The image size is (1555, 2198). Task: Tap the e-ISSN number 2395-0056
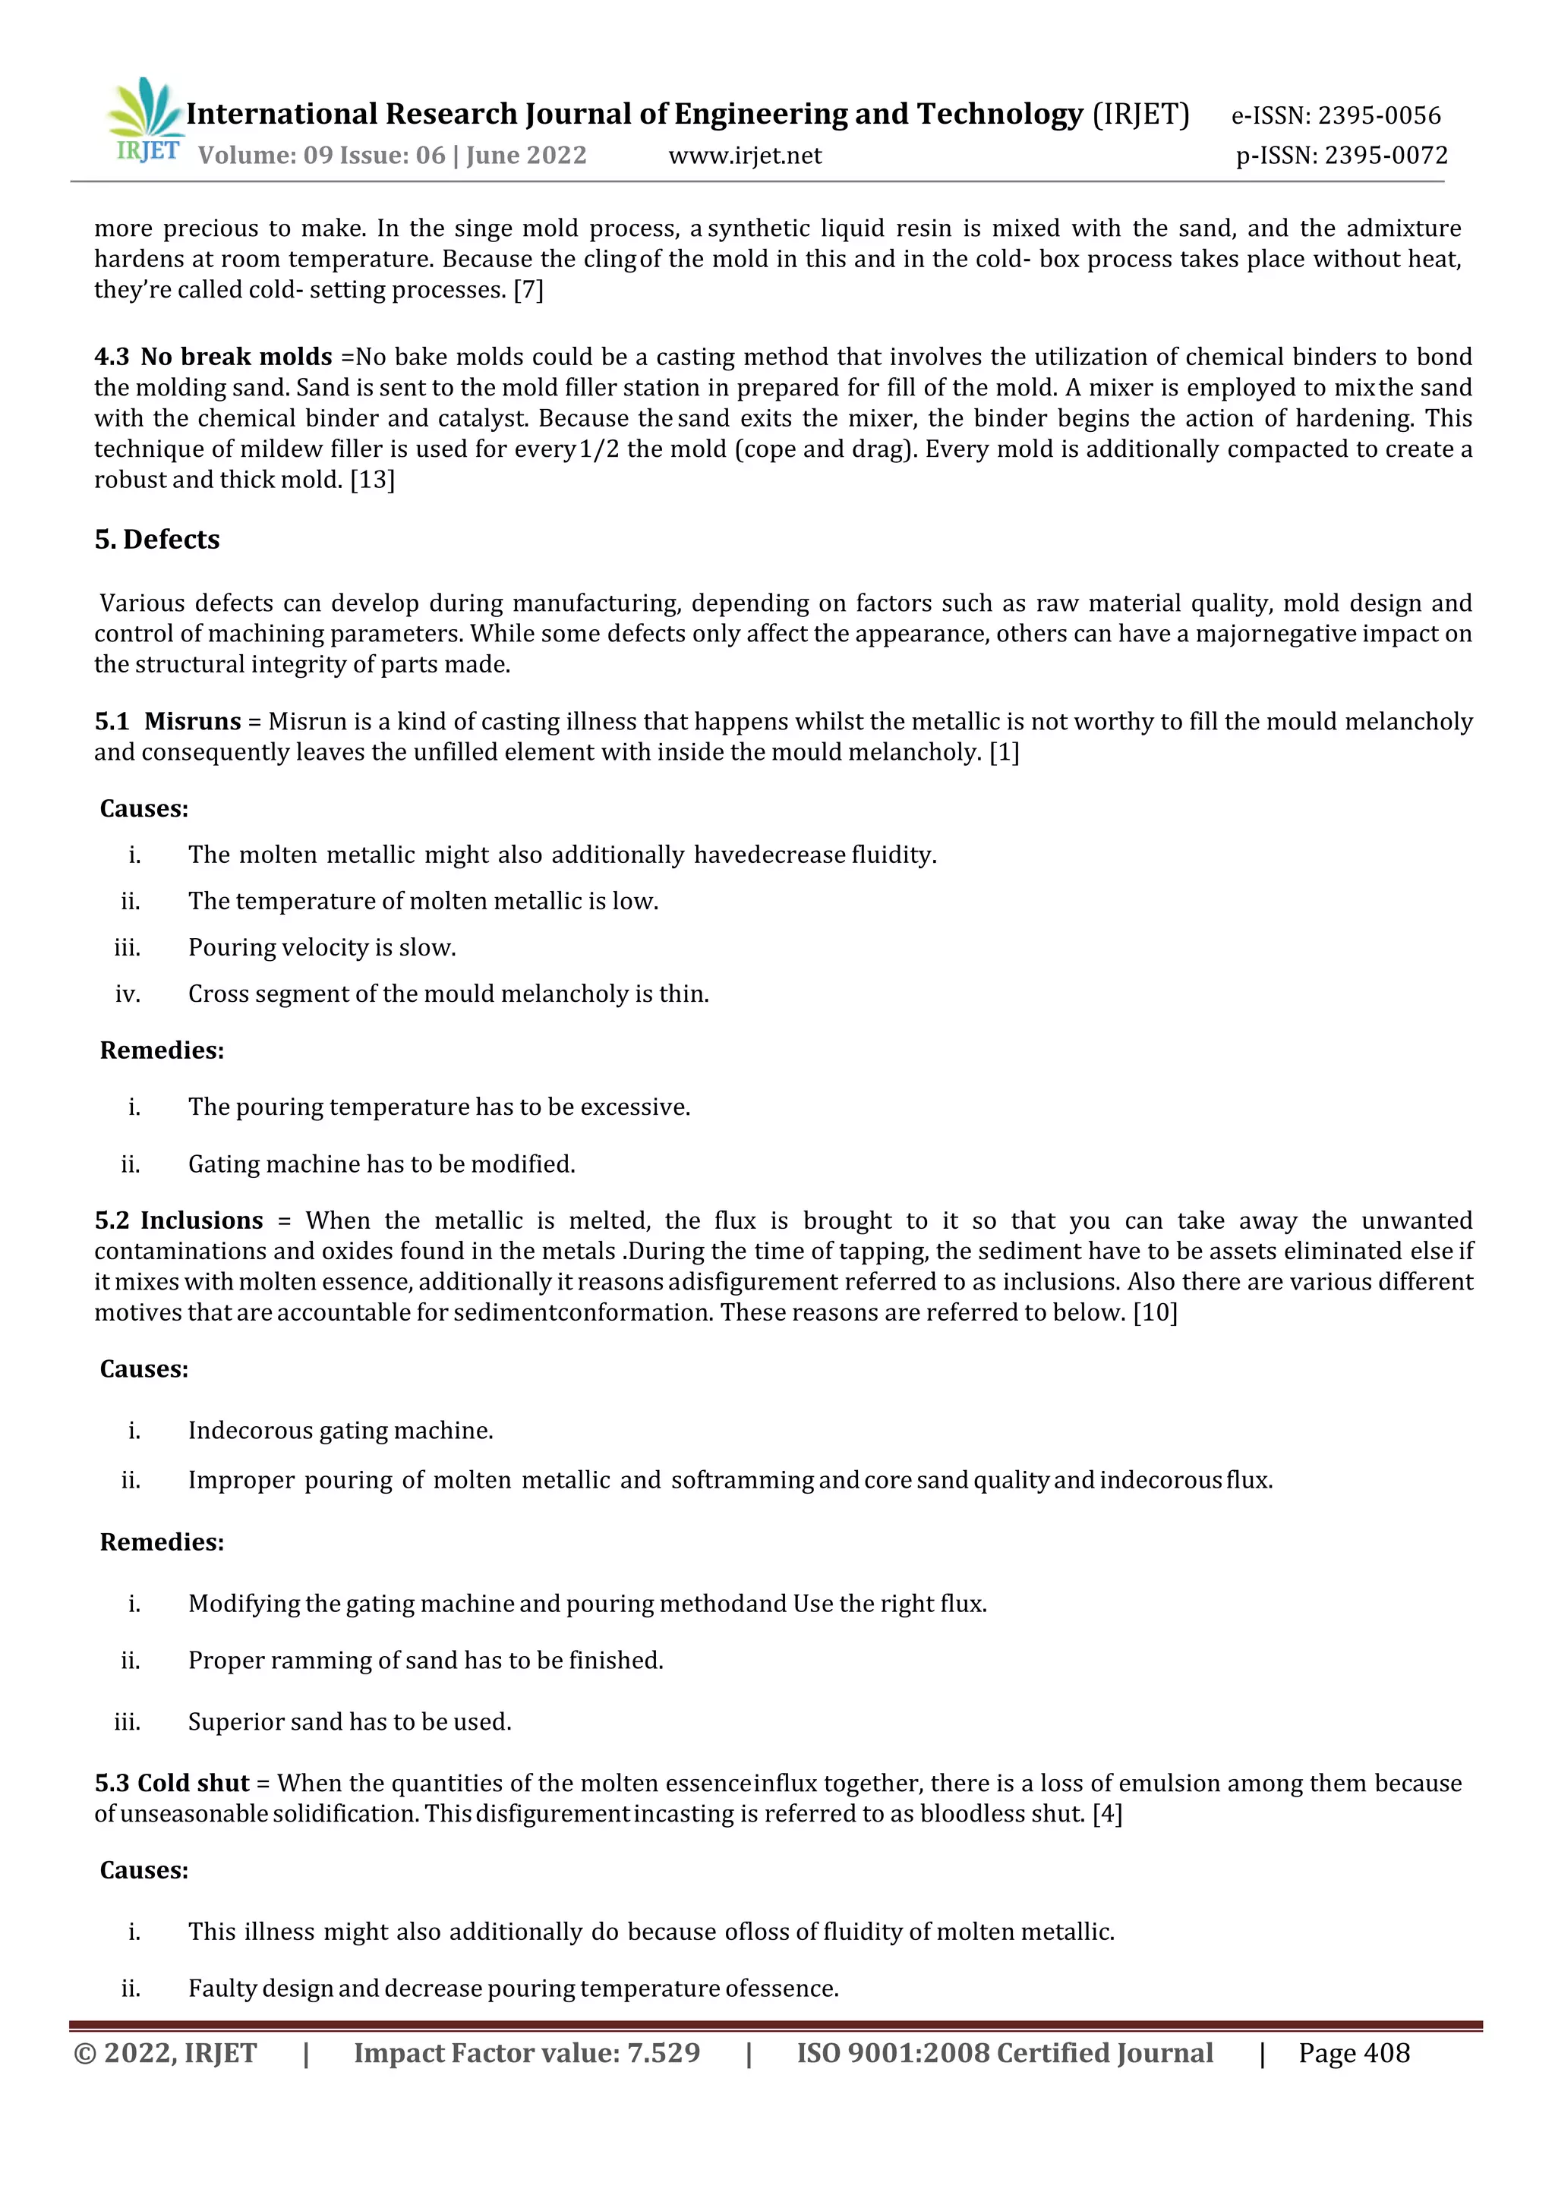tap(1378, 116)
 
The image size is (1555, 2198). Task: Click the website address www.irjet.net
tap(744, 155)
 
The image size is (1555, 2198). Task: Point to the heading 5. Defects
tap(157, 540)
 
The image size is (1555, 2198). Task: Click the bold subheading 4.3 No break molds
tap(213, 357)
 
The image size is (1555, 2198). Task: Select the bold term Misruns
tap(192, 721)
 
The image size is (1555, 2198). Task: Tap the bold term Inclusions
tap(201, 1220)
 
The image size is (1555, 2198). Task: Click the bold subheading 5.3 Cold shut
tap(172, 1783)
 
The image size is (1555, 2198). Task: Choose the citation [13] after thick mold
tap(373, 480)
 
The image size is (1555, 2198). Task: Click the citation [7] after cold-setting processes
tap(528, 290)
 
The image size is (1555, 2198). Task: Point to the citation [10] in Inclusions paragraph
tap(1155, 1312)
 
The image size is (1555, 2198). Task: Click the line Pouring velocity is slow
tap(322, 948)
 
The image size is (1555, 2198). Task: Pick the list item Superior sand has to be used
tap(349, 1721)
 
